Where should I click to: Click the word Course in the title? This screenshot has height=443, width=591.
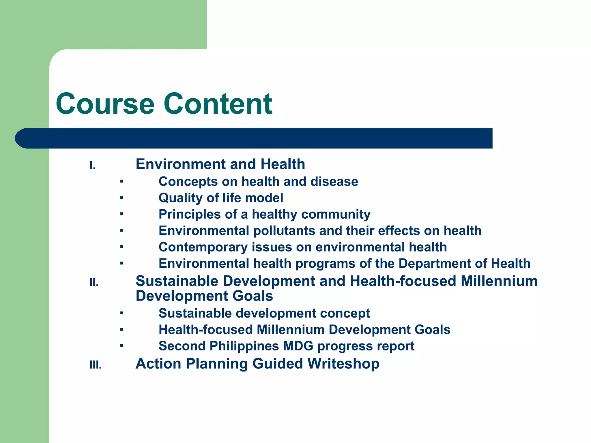point(105,104)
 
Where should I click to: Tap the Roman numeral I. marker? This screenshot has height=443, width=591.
point(92,166)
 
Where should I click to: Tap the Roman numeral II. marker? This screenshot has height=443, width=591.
point(94,283)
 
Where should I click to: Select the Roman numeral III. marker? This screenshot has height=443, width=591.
point(96,365)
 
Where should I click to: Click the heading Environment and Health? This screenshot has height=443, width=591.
point(220,164)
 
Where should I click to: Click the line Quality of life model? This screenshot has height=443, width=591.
point(221,198)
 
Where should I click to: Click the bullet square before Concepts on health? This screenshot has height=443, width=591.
point(121,182)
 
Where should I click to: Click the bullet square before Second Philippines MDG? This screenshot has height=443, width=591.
point(121,346)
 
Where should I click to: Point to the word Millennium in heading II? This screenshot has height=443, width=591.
point(499,281)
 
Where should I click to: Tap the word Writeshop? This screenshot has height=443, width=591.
point(343,363)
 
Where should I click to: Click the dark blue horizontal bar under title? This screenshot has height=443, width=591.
point(254,138)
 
